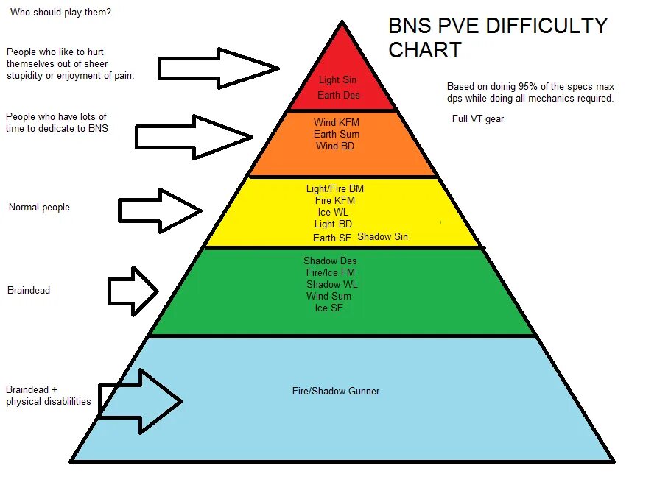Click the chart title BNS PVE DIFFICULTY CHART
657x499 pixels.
(x=498, y=38)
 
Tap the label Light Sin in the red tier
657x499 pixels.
(x=337, y=79)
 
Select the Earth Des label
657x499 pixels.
(x=339, y=96)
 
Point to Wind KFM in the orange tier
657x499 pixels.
(x=337, y=122)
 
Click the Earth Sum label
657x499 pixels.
(x=337, y=134)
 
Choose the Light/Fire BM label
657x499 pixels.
(x=335, y=188)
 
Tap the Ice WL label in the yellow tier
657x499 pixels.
(x=334, y=212)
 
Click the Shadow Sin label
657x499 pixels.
(x=382, y=236)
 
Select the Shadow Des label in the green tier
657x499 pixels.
(x=330, y=261)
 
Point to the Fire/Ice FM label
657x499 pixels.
(x=331, y=272)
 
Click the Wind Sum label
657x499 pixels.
(x=329, y=296)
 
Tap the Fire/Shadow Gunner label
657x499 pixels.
(x=336, y=391)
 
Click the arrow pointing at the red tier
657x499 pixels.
(x=218, y=68)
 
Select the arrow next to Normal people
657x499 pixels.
(x=160, y=211)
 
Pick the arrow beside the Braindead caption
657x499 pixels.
(x=133, y=291)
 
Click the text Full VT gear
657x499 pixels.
(x=478, y=118)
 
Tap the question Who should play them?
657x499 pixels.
(x=61, y=13)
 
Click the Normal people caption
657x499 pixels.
(x=39, y=207)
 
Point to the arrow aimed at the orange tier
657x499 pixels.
(x=194, y=136)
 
